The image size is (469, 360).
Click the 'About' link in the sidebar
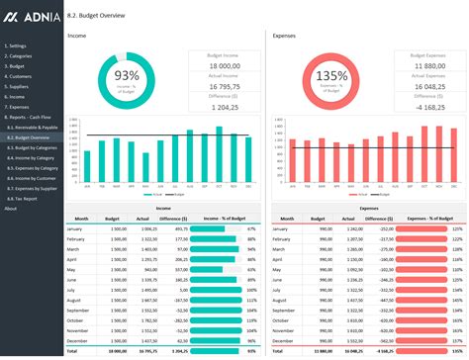click(x=11, y=209)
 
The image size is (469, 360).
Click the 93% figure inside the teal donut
click(x=127, y=75)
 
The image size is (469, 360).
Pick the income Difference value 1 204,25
click(x=224, y=106)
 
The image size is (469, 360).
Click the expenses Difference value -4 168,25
click(x=428, y=106)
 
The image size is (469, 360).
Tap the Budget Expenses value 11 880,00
click(x=428, y=65)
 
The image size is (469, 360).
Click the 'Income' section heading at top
click(x=76, y=36)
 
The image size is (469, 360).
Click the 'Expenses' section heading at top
click(x=285, y=36)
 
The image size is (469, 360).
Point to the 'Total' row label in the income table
click(x=72, y=351)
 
